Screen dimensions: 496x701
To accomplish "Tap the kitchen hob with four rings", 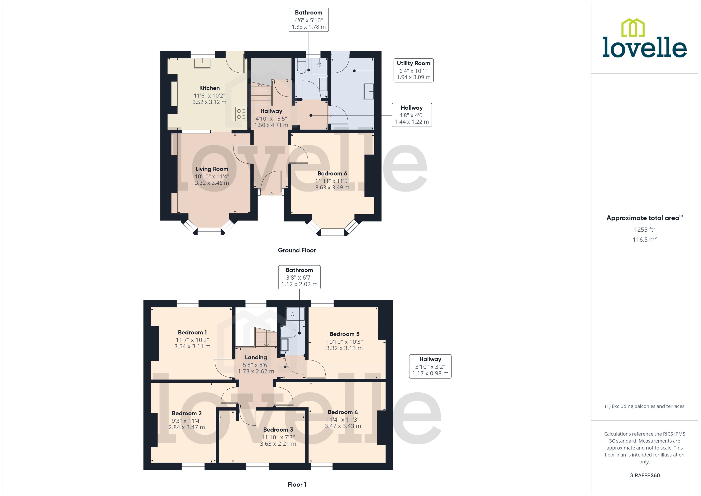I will [241, 114].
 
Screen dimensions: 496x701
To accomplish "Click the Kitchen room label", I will [209, 88].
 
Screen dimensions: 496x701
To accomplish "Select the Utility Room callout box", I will [413, 70].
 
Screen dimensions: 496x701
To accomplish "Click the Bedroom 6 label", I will [332, 173].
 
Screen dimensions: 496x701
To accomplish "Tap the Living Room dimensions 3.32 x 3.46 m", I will [212, 183].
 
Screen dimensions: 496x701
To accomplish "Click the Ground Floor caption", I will [297, 250].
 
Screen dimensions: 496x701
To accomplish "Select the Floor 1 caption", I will [297, 484].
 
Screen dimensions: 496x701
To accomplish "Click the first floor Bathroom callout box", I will [299, 277].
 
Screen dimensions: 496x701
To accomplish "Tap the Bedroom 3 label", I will [278, 429].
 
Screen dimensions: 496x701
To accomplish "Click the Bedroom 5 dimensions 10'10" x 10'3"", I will [344, 342].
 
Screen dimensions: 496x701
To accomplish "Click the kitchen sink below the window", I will [202, 63].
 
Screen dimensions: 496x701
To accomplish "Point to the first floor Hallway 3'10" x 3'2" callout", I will [430, 366].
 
